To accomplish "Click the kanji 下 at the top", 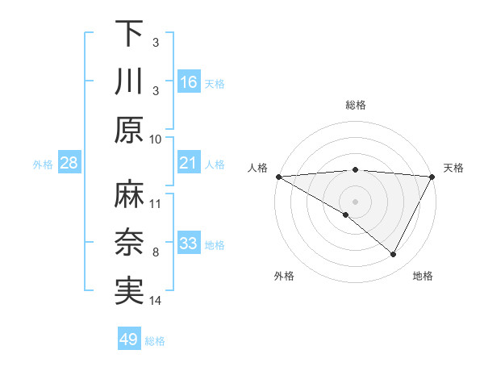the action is (129, 34).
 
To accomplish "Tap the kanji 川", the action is (129, 82).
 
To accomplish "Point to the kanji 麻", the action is (129, 195).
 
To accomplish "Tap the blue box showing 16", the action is (188, 82).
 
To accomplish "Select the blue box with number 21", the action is (188, 164).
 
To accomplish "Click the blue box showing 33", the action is (188, 244).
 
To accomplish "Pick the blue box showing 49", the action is (129, 339).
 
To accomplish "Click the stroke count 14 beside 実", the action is (156, 301).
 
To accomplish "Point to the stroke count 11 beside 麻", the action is (156, 203).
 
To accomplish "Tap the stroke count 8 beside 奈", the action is (155, 252).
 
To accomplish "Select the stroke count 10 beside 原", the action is (156, 139).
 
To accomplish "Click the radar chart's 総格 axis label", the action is (355, 105).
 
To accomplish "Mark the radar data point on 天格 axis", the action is (432, 177).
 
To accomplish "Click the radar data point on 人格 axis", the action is (277, 177).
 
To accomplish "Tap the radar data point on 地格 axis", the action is (394, 255).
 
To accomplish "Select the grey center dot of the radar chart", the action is (355, 201).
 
